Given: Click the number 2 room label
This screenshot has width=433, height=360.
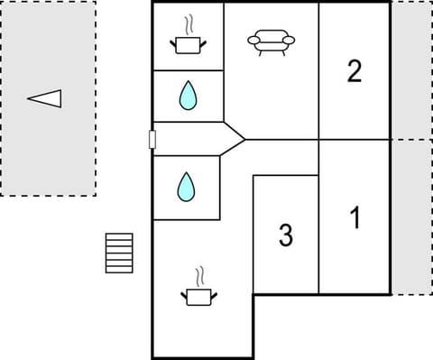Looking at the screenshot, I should (x=355, y=71).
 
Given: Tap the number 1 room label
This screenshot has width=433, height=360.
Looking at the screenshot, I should (x=355, y=217).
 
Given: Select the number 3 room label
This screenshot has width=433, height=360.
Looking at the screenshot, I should (x=286, y=236).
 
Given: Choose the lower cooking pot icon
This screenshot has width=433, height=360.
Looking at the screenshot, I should (x=200, y=295).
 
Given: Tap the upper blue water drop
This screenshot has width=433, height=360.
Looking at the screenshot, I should (x=188, y=96).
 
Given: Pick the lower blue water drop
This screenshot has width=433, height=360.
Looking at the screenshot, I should (x=186, y=187).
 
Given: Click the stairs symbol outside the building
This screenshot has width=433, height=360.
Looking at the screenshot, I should (x=119, y=253).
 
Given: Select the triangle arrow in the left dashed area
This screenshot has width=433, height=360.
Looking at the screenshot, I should (x=44, y=97).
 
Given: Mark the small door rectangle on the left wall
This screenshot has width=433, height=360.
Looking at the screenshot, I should (x=152, y=139).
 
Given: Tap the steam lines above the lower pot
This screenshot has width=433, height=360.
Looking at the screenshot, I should (x=200, y=274).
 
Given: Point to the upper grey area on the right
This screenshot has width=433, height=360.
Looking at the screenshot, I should (x=411, y=70).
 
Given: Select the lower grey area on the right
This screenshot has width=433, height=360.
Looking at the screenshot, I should (x=411, y=217).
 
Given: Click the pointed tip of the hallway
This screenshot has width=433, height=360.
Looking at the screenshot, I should (x=244, y=139).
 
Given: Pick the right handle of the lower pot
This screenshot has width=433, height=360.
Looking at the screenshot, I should (x=216, y=293).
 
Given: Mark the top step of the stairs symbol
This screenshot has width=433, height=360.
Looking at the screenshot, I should (x=119, y=236).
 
